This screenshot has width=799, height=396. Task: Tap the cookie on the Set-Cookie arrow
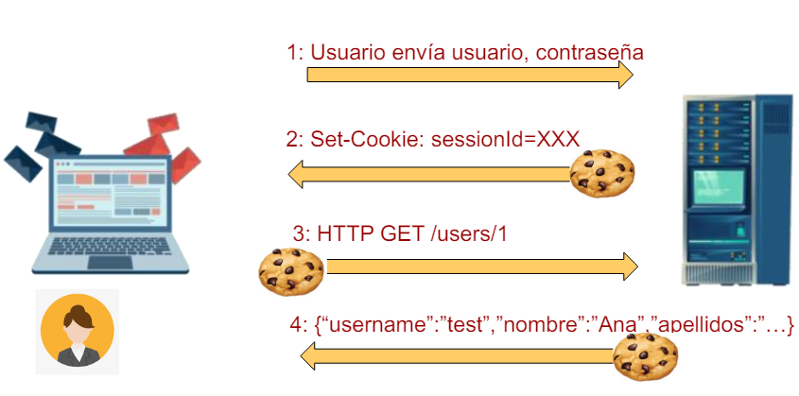(x=601, y=172)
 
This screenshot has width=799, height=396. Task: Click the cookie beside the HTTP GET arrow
(x=291, y=270)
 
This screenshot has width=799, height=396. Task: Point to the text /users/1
(x=469, y=234)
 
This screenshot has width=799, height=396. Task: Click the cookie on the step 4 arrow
(x=646, y=357)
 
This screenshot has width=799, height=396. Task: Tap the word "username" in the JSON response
(x=373, y=326)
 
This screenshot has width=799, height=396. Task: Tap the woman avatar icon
(x=78, y=333)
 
